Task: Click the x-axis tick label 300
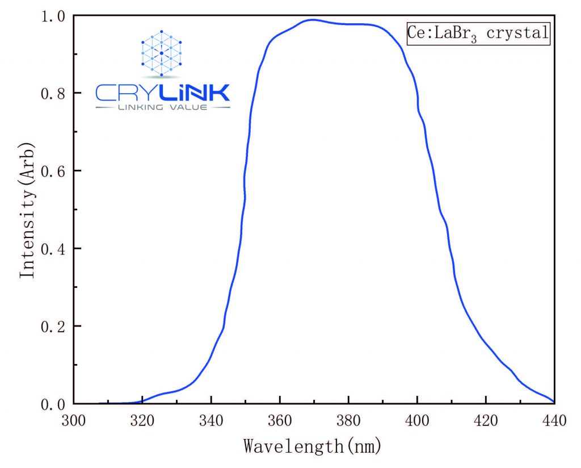click(x=74, y=421)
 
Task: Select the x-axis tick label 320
click(x=142, y=421)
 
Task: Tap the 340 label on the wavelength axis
click(x=211, y=421)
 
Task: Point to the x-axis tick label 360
click(x=280, y=421)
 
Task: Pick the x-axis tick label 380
click(x=348, y=421)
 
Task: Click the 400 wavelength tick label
click(x=417, y=421)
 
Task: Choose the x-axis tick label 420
click(x=486, y=421)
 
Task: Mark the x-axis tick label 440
click(x=553, y=421)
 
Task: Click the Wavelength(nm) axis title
click(x=313, y=446)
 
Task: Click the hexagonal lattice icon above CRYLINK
click(x=162, y=53)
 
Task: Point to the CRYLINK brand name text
click(x=163, y=92)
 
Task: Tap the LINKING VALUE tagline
click(x=162, y=107)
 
